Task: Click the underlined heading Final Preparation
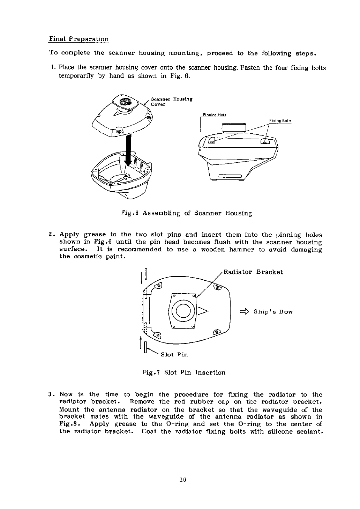(79, 39)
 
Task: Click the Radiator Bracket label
(253, 272)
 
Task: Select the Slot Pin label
(174, 355)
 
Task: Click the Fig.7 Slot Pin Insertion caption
(184, 372)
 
